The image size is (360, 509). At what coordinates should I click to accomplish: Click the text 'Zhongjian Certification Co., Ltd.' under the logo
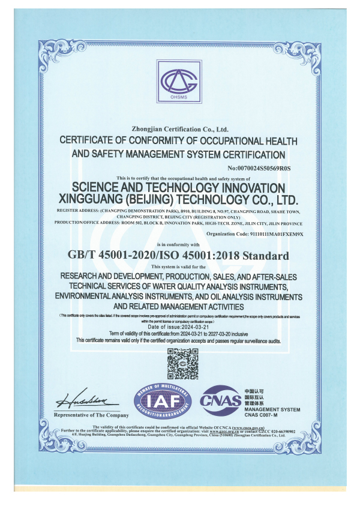click(x=179, y=128)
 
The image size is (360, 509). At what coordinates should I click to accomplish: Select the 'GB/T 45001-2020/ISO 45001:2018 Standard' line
click(x=179, y=256)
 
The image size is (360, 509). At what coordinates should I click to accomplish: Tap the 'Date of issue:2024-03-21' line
click(x=179, y=325)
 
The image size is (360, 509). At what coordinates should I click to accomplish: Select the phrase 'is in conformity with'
click(x=179, y=245)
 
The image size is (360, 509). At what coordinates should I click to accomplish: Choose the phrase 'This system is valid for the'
click(x=179, y=266)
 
